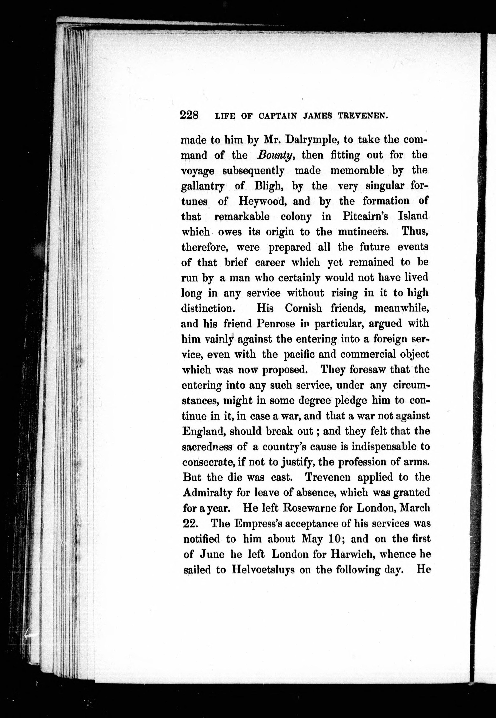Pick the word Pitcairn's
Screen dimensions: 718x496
(x=365, y=216)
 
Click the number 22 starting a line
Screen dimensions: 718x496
(x=190, y=523)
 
